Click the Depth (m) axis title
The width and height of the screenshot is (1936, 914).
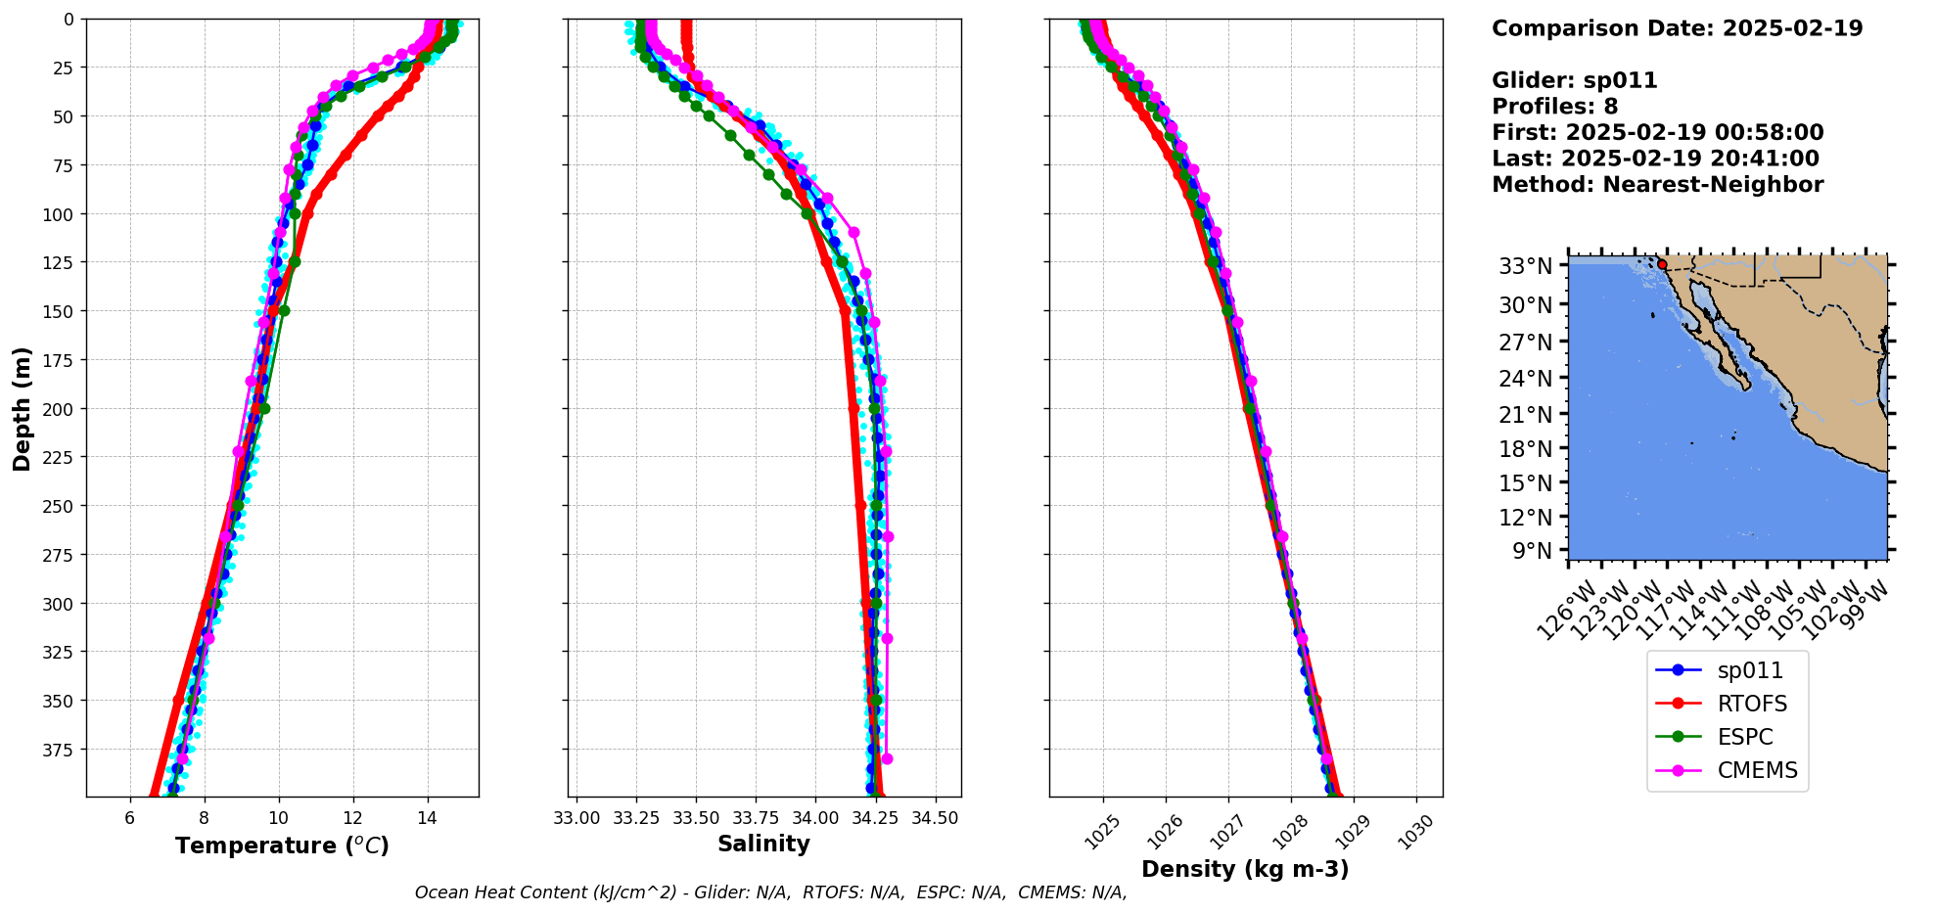[22, 408]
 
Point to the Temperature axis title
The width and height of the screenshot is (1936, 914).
[282, 845]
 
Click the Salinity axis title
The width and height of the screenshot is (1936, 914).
[763, 844]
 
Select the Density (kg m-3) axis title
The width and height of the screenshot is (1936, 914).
[1245, 869]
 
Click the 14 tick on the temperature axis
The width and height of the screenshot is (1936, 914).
[427, 818]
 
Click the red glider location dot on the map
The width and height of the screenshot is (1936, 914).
[1662, 264]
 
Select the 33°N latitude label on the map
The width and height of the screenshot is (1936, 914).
[1526, 266]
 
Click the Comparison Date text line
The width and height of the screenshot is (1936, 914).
[1677, 28]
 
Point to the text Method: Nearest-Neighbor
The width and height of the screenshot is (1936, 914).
[1657, 185]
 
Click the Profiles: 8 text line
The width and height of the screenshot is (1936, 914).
[1554, 107]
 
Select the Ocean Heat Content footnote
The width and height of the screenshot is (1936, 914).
[770, 892]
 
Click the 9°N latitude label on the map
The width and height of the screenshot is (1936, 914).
[1532, 551]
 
